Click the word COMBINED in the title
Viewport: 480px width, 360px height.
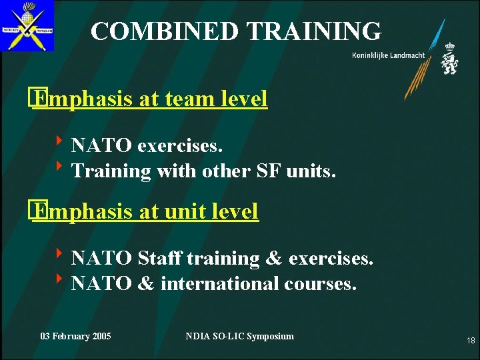point(164,31)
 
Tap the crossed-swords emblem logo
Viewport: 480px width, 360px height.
point(27,26)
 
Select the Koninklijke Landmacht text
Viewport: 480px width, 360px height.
point(388,55)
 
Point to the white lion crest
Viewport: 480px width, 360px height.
point(449,59)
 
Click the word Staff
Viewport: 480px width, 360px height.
point(160,258)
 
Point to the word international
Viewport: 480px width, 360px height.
point(220,284)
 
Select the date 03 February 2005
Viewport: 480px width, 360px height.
point(76,336)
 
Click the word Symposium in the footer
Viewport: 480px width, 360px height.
point(270,336)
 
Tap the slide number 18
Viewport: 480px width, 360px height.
point(471,341)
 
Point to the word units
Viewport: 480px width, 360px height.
point(313,171)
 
